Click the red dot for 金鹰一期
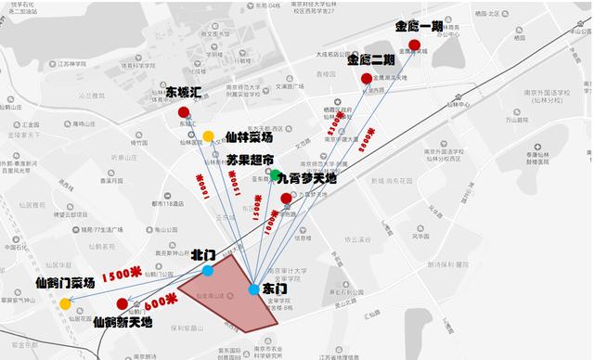[x=426, y=45]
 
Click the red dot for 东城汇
[x=184, y=113]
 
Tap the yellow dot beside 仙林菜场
[x=209, y=135]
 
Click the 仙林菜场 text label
[x=247, y=136]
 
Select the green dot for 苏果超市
[x=277, y=174]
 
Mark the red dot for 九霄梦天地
[x=286, y=198]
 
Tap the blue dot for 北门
[x=208, y=271]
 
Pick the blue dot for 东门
[x=254, y=289]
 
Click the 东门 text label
[x=275, y=289]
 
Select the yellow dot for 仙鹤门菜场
[x=65, y=303]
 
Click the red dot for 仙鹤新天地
[x=122, y=303]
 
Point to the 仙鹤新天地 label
[x=125, y=322]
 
